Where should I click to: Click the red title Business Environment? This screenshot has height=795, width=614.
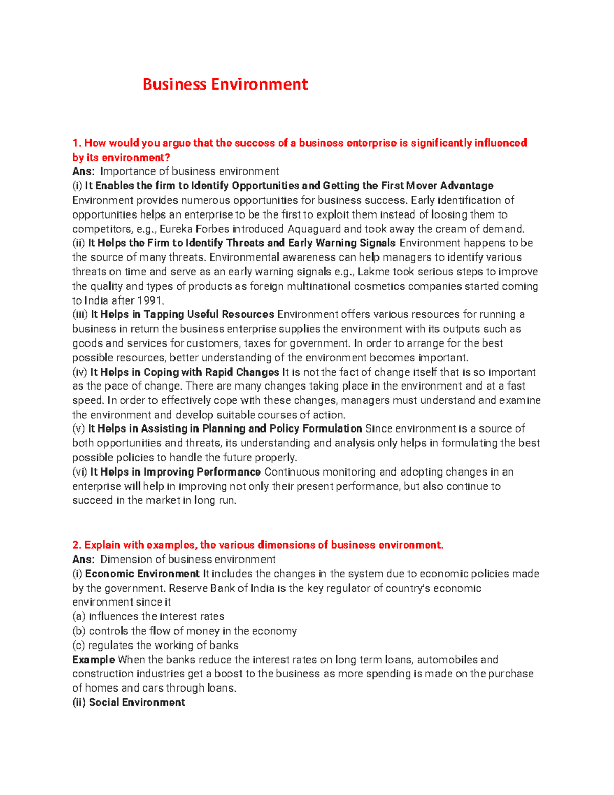(x=225, y=84)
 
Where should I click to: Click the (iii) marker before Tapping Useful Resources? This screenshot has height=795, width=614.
(x=80, y=315)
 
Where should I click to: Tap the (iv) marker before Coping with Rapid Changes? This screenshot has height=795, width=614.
(x=80, y=372)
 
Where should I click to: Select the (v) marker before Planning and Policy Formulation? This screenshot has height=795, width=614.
(x=79, y=429)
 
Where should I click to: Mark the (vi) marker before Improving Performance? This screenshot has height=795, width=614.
(x=80, y=472)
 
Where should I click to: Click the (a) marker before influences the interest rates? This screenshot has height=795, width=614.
(x=79, y=617)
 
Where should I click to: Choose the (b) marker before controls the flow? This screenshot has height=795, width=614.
(x=79, y=631)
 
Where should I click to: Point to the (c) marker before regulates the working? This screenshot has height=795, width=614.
(x=79, y=646)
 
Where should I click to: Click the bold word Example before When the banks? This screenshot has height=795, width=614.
(x=94, y=660)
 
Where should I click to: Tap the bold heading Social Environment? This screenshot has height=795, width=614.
(x=137, y=703)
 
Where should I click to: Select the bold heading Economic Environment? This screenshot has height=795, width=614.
(x=142, y=574)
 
